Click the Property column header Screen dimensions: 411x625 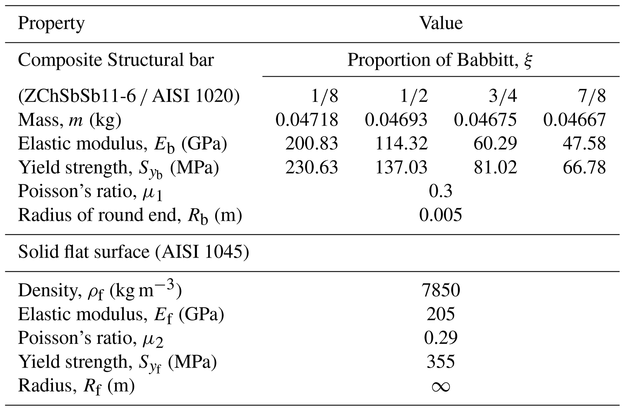(51, 24)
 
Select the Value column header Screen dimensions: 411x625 (441, 23)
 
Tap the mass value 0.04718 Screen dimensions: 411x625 (307, 120)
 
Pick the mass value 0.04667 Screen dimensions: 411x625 (575, 120)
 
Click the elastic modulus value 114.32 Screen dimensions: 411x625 (401, 143)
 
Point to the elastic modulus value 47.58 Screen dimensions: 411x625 (584, 143)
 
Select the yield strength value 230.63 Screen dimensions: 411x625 (311, 167)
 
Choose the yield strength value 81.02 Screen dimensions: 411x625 (495, 167)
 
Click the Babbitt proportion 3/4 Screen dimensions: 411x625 (503, 96)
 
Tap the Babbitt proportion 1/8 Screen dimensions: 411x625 (324, 96)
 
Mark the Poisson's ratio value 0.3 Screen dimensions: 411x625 (441, 191)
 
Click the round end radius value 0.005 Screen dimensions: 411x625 (441, 215)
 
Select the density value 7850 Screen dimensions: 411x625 (441, 290)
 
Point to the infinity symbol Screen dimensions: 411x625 (441, 387)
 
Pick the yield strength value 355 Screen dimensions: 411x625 (441, 361)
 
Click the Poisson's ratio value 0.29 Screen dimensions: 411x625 (441, 338)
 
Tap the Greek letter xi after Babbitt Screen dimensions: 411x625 (528, 60)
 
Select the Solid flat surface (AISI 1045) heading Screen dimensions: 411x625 (134, 252)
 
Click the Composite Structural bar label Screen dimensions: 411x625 (116, 60)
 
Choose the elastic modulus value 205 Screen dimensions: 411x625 (441, 314)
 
